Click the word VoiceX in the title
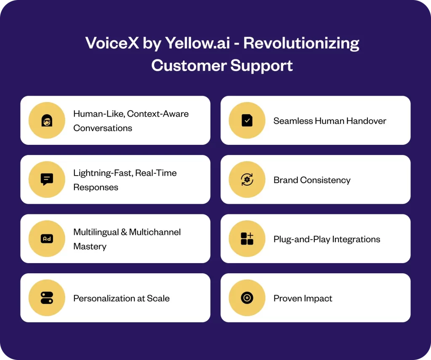pyautogui.click(x=112, y=43)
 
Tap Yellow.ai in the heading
pyautogui.click(x=198, y=43)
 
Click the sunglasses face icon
pyautogui.click(x=47, y=120)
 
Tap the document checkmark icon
pyautogui.click(x=247, y=120)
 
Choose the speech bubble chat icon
pyautogui.click(x=47, y=180)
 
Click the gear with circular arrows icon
pyautogui.click(x=247, y=180)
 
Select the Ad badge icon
pyautogui.click(x=47, y=239)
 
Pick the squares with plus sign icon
pyautogui.click(x=247, y=239)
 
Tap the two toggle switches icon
pyautogui.click(x=47, y=298)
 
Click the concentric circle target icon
pyautogui.click(x=247, y=298)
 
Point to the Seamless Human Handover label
pyautogui.click(x=330, y=121)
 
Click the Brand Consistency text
pyautogui.click(x=312, y=180)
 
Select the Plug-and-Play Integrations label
pyautogui.click(x=327, y=239)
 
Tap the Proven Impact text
pyautogui.click(x=303, y=299)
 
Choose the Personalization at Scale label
pyautogui.click(x=122, y=298)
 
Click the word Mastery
pyautogui.click(x=90, y=246)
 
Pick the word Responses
pyautogui.click(x=96, y=187)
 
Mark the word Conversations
pyautogui.click(x=103, y=128)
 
